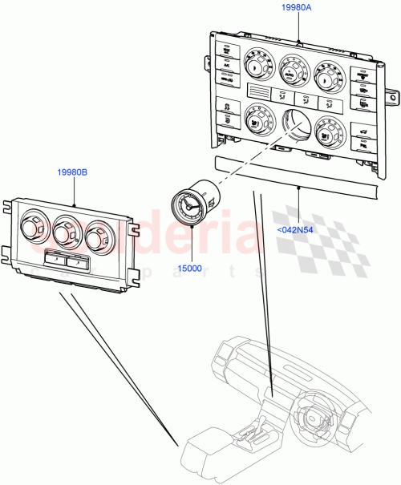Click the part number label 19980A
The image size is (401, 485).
tap(297, 7)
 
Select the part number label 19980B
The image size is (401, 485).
tap(73, 172)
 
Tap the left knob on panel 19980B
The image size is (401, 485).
tap(33, 228)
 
